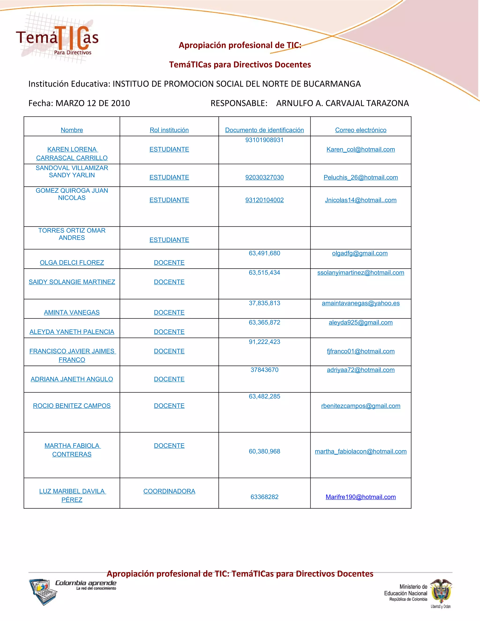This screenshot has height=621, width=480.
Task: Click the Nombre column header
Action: (72, 130)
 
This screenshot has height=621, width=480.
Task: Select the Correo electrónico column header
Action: (360, 130)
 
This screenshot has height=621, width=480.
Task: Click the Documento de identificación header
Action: (264, 130)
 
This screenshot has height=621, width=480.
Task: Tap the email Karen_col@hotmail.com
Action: (360, 149)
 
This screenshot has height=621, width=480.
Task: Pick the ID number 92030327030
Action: (264, 177)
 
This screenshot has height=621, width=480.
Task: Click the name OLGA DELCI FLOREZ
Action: (72, 262)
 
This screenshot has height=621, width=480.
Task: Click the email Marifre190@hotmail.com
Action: (360, 497)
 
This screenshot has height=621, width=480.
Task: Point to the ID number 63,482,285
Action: (264, 396)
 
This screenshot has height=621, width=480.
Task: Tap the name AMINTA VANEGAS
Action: (72, 312)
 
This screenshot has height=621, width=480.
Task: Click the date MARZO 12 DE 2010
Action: (93, 103)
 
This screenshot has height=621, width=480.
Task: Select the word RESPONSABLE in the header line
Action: (239, 103)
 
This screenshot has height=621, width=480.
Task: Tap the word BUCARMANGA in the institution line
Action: (332, 84)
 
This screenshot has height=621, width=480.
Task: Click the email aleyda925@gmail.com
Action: (360, 322)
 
